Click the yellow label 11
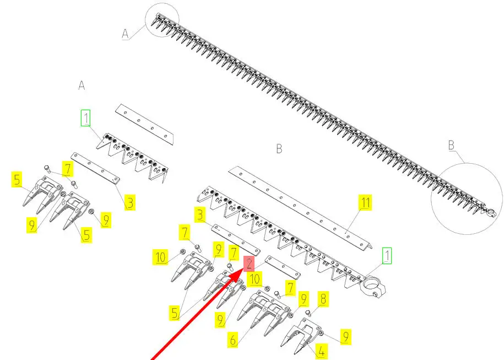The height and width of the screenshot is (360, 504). (x=365, y=202)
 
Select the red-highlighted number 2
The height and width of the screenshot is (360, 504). (x=249, y=264)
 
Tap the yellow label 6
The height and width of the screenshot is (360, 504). (x=233, y=338)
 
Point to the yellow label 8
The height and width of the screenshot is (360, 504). (x=323, y=299)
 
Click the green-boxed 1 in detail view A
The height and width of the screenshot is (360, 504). (x=86, y=118)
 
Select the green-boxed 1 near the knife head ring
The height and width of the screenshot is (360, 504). (x=387, y=256)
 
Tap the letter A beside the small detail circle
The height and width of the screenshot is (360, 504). (x=126, y=34)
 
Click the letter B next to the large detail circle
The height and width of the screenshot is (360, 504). (x=451, y=145)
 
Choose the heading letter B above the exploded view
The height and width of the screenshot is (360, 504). (x=279, y=149)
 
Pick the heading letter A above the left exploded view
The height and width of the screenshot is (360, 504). (x=82, y=85)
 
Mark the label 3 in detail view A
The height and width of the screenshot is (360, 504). (x=129, y=203)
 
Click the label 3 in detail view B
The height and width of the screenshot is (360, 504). (x=200, y=214)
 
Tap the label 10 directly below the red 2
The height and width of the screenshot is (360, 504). (x=255, y=279)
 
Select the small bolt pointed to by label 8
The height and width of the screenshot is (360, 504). (x=309, y=313)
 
